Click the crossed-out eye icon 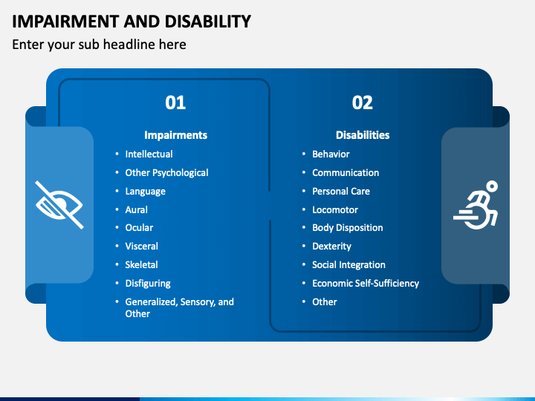point(59,205)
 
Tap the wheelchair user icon point(476,205)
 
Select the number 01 point(175,102)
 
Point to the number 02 point(363,102)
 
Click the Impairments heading point(175,135)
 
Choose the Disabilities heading point(363,135)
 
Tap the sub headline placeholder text point(99,45)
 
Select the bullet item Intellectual point(149,154)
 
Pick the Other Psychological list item point(166,173)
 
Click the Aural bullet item point(137,209)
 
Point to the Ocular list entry point(139,228)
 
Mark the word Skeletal point(142,264)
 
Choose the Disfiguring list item point(148,284)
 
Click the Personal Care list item point(341,192)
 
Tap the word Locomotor point(335,209)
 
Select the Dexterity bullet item point(331,247)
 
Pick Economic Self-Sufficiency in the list point(366,284)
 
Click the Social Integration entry point(348,265)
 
